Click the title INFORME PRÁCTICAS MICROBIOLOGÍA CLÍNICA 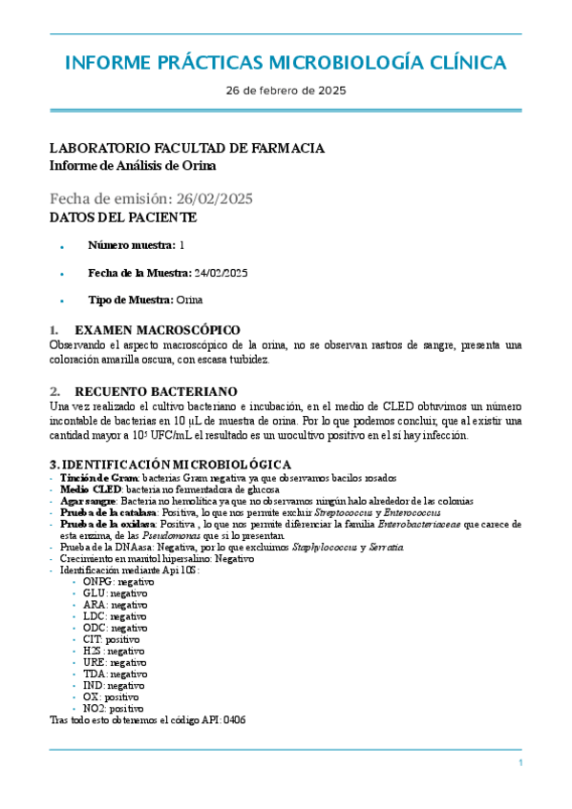coord(286,63)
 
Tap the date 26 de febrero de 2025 coord(286,92)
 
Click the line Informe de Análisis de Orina coord(133,165)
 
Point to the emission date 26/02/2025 coord(211,198)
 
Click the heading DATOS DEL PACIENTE coord(123,218)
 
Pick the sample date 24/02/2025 coord(221,273)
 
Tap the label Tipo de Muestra coord(130,300)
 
